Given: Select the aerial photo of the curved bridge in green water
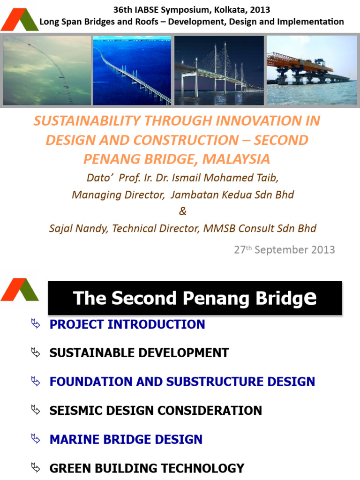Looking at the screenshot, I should click(x=47, y=70).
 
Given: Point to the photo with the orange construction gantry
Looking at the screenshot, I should click(x=311, y=70).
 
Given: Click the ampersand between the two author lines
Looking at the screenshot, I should click(x=182, y=211).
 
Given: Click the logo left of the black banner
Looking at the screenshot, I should click(x=19, y=290).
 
